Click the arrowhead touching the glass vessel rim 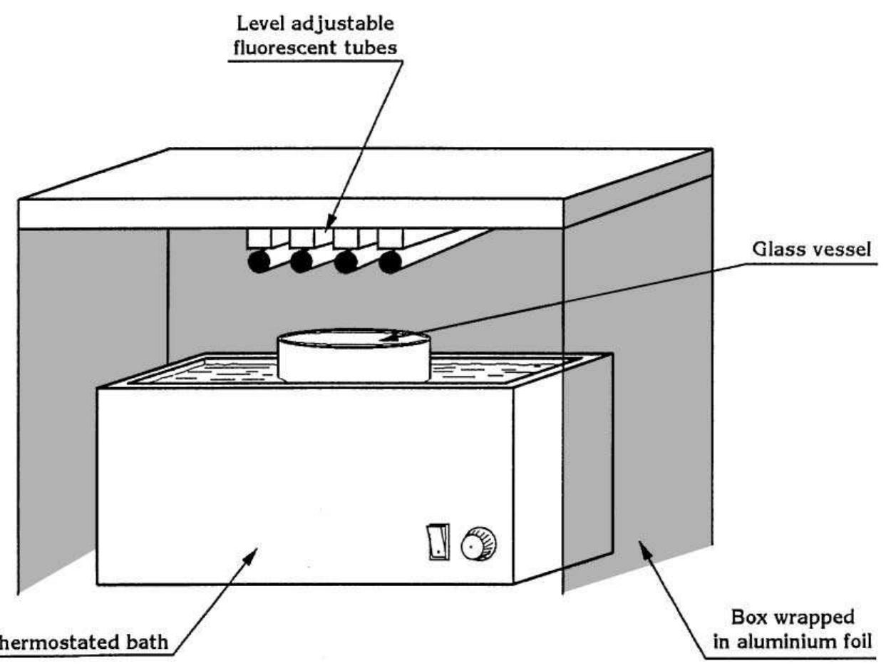[x=388, y=340]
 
